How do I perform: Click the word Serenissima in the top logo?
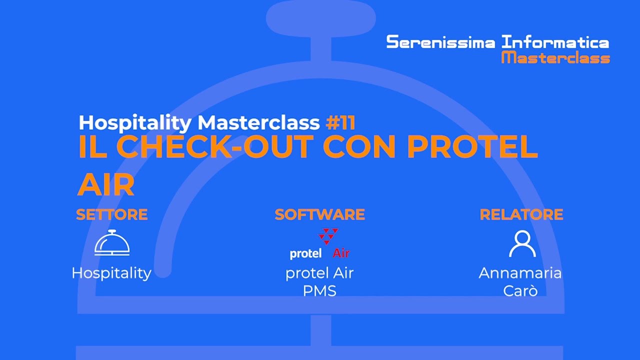pos(441,42)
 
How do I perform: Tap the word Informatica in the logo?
pos(555,42)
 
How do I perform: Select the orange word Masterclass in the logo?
pos(555,57)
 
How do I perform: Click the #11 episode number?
pos(340,122)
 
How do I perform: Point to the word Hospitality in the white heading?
pos(135,122)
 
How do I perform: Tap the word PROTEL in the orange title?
pos(472,146)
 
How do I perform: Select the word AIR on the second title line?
pos(106,185)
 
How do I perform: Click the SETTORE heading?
pos(111,214)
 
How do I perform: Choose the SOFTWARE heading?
pos(319,214)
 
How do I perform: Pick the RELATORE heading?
pos(521,214)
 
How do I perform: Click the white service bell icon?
pos(112,243)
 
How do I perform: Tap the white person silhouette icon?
pos(522,243)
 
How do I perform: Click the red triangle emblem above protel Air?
pos(328,236)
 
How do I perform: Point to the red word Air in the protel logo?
pos(341,253)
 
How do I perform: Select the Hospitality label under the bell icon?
pos(111,273)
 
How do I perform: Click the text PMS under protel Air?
pos(319,290)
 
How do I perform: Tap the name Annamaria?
pos(520,273)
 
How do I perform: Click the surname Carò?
pos(520,290)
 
